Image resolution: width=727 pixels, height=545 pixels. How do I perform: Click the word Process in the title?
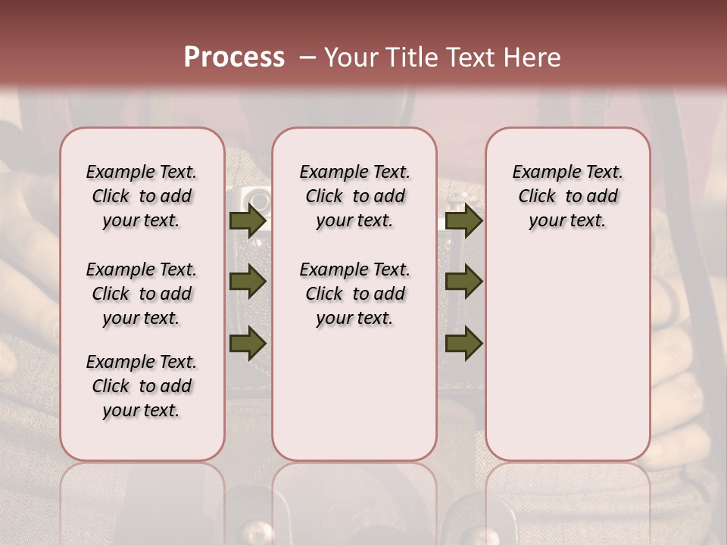point(234,58)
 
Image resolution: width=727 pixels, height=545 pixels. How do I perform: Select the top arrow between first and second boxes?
point(248,220)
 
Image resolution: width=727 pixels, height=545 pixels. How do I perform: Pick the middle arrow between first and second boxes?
point(248,282)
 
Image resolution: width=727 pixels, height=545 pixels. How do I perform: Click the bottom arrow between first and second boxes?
point(248,344)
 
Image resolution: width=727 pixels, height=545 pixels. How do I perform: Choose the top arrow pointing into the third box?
point(463,220)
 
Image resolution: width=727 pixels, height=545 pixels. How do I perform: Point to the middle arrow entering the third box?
point(463,282)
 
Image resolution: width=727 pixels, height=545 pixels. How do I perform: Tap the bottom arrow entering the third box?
point(463,344)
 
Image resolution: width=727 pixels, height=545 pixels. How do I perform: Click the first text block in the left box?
point(142,196)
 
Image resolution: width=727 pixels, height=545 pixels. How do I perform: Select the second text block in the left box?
point(142,294)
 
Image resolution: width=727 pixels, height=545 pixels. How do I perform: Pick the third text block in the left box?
point(142,386)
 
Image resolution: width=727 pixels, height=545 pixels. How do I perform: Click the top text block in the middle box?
point(354,196)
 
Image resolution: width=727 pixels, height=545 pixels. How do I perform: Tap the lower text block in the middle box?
point(354,294)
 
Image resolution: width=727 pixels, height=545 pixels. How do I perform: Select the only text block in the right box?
point(567,196)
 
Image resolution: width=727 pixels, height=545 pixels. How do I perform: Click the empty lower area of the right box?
point(567,356)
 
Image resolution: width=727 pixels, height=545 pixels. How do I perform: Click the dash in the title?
point(307,58)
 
